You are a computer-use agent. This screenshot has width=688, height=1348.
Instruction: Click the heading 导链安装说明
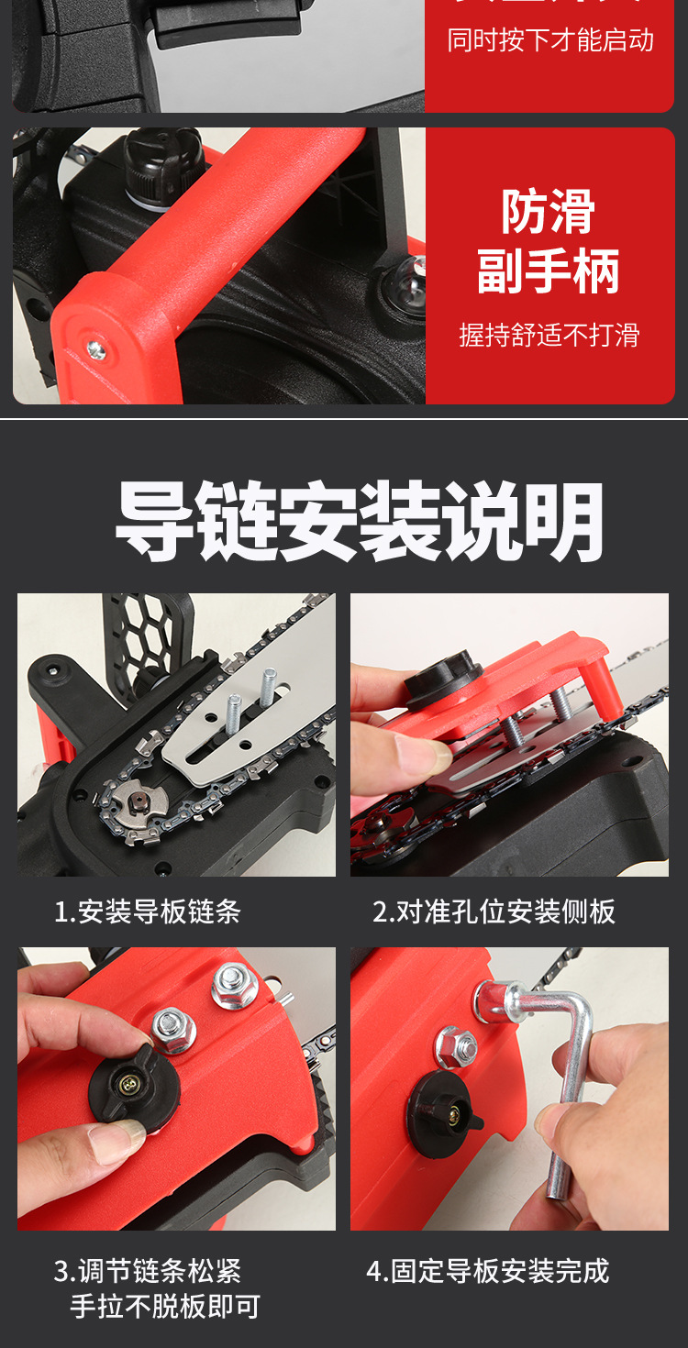[x=360, y=522]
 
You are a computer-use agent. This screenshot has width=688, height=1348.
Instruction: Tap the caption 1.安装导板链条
[x=148, y=912]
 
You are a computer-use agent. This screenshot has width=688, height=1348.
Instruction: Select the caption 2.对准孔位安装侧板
[x=494, y=912]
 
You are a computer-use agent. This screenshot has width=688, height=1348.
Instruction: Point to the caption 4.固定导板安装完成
[x=487, y=1271]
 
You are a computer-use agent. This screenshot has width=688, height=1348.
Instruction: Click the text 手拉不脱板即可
[x=165, y=1306]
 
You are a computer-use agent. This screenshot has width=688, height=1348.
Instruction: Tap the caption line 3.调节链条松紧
[x=148, y=1271]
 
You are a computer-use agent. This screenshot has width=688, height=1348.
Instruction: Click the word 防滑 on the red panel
[x=549, y=213]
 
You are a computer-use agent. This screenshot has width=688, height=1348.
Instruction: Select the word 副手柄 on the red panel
[x=549, y=271]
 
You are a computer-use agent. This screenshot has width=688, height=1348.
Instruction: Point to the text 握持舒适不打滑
[x=549, y=335]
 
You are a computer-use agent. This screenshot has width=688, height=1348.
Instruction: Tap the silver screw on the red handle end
[x=94, y=348]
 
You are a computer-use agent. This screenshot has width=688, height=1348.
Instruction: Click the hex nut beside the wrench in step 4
[x=457, y=1045]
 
